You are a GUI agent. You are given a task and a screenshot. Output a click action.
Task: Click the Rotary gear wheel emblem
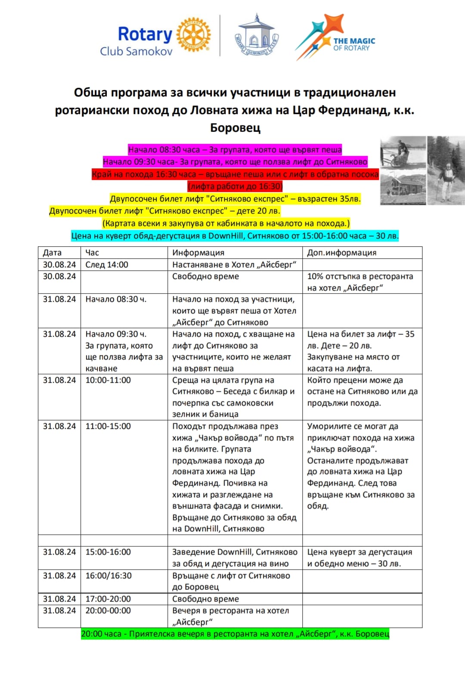[193, 35]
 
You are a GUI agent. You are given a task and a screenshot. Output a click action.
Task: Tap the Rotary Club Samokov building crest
[256, 37]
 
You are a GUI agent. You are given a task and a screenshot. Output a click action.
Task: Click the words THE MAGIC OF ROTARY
[354, 44]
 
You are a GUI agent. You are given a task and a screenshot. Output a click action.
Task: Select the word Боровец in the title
[235, 128]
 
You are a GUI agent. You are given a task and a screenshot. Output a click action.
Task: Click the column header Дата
[52, 253]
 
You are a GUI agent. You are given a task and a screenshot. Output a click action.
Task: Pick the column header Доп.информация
[341, 253]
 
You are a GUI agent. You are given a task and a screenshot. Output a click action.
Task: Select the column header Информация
[198, 253]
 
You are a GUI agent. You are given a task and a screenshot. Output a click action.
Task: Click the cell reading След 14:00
[107, 265]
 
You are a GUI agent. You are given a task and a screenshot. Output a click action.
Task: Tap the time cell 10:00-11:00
[108, 380]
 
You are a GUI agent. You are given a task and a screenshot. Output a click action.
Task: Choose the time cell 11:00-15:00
[108, 426]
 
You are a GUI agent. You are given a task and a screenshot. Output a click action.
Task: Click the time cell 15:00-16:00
[108, 552]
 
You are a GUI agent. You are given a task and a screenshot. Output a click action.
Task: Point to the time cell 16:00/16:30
[108, 576]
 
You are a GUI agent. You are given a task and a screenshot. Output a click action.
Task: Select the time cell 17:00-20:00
[108, 599]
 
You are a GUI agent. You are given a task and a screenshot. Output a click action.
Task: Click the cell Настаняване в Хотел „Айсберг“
[234, 265]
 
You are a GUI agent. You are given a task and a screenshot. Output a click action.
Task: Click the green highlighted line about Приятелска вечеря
[235, 634]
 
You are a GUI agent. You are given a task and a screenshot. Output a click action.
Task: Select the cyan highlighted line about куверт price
[235, 236]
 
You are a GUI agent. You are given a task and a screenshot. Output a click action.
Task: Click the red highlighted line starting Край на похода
[235, 174]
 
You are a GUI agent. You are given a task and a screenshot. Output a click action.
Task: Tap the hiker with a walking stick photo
[446, 170]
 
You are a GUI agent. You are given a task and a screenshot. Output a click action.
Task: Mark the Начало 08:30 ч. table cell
[116, 299]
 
